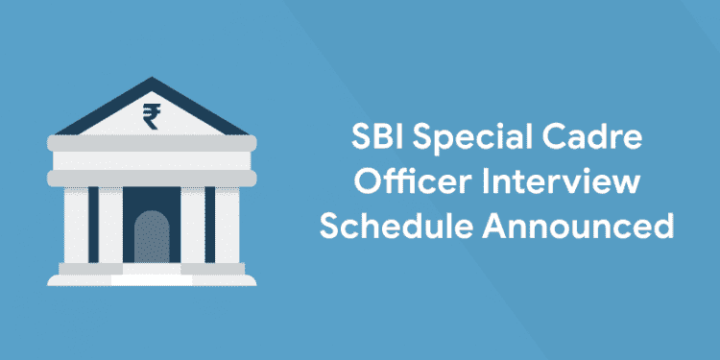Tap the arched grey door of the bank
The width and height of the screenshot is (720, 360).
point(151,241)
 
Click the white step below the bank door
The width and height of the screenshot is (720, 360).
point(151,277)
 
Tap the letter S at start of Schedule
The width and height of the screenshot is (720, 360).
point(331,228)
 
